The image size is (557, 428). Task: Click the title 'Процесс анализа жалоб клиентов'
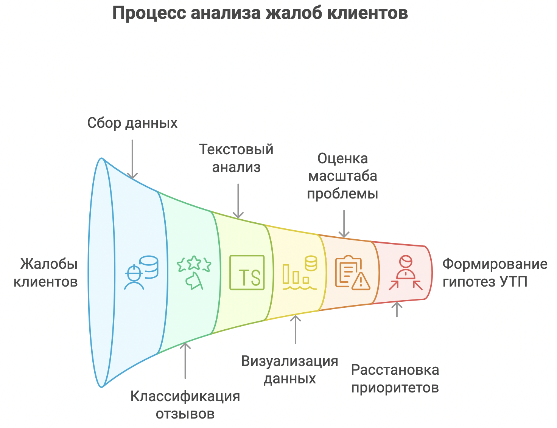coord(260,14)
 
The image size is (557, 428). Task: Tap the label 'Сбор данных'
coord(132,123)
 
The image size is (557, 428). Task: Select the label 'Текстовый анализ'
coord(236,158)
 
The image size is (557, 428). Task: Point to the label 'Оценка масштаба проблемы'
coord(342,176)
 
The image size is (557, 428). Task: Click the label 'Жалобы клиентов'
coord(46,273)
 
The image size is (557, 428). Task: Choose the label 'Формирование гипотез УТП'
coord(495,273)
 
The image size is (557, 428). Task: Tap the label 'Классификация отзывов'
coord(185,405)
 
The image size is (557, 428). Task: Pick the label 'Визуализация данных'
coord(289,370)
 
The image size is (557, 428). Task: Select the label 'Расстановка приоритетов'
coord(395,378)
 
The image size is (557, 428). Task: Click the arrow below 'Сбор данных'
coord(132,159)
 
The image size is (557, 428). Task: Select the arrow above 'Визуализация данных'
coord(296,329)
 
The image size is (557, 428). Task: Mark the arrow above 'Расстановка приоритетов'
coord(397,309)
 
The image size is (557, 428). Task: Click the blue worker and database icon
coord(141,273)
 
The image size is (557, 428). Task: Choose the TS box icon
coord(247,273)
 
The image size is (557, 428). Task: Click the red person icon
coord(406,273)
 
